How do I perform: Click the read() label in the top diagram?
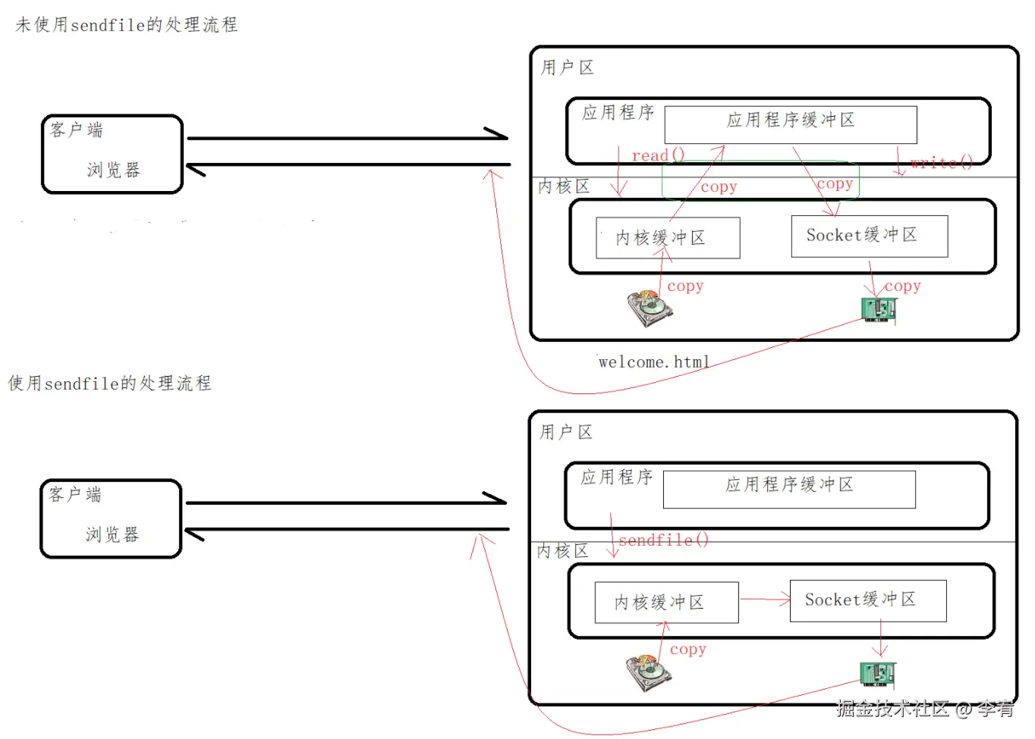click(658, 155)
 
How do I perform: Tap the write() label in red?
click(941, 162)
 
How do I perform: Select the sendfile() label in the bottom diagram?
click(663, 540)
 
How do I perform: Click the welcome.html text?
click(654, 362)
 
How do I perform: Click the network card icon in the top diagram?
click(879, 309)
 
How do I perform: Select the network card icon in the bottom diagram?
click(877, 673)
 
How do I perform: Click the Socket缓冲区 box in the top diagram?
click(869, 236)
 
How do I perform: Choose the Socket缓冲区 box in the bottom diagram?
click(867, 600)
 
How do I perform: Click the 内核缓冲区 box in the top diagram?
click(667, 238)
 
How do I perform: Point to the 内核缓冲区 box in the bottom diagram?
click(665, 603)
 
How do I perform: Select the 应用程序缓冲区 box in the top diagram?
click(790, 124)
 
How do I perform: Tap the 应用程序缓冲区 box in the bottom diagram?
click(788, 489)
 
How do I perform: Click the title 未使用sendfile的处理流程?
click(126, 25)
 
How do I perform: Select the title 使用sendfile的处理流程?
click(109, 384)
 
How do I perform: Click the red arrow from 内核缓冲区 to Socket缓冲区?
click(765, 600)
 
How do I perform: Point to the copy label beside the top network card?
click(902, 286)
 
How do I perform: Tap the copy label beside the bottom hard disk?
click(687, 650)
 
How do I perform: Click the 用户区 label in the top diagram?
click(567, 67)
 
